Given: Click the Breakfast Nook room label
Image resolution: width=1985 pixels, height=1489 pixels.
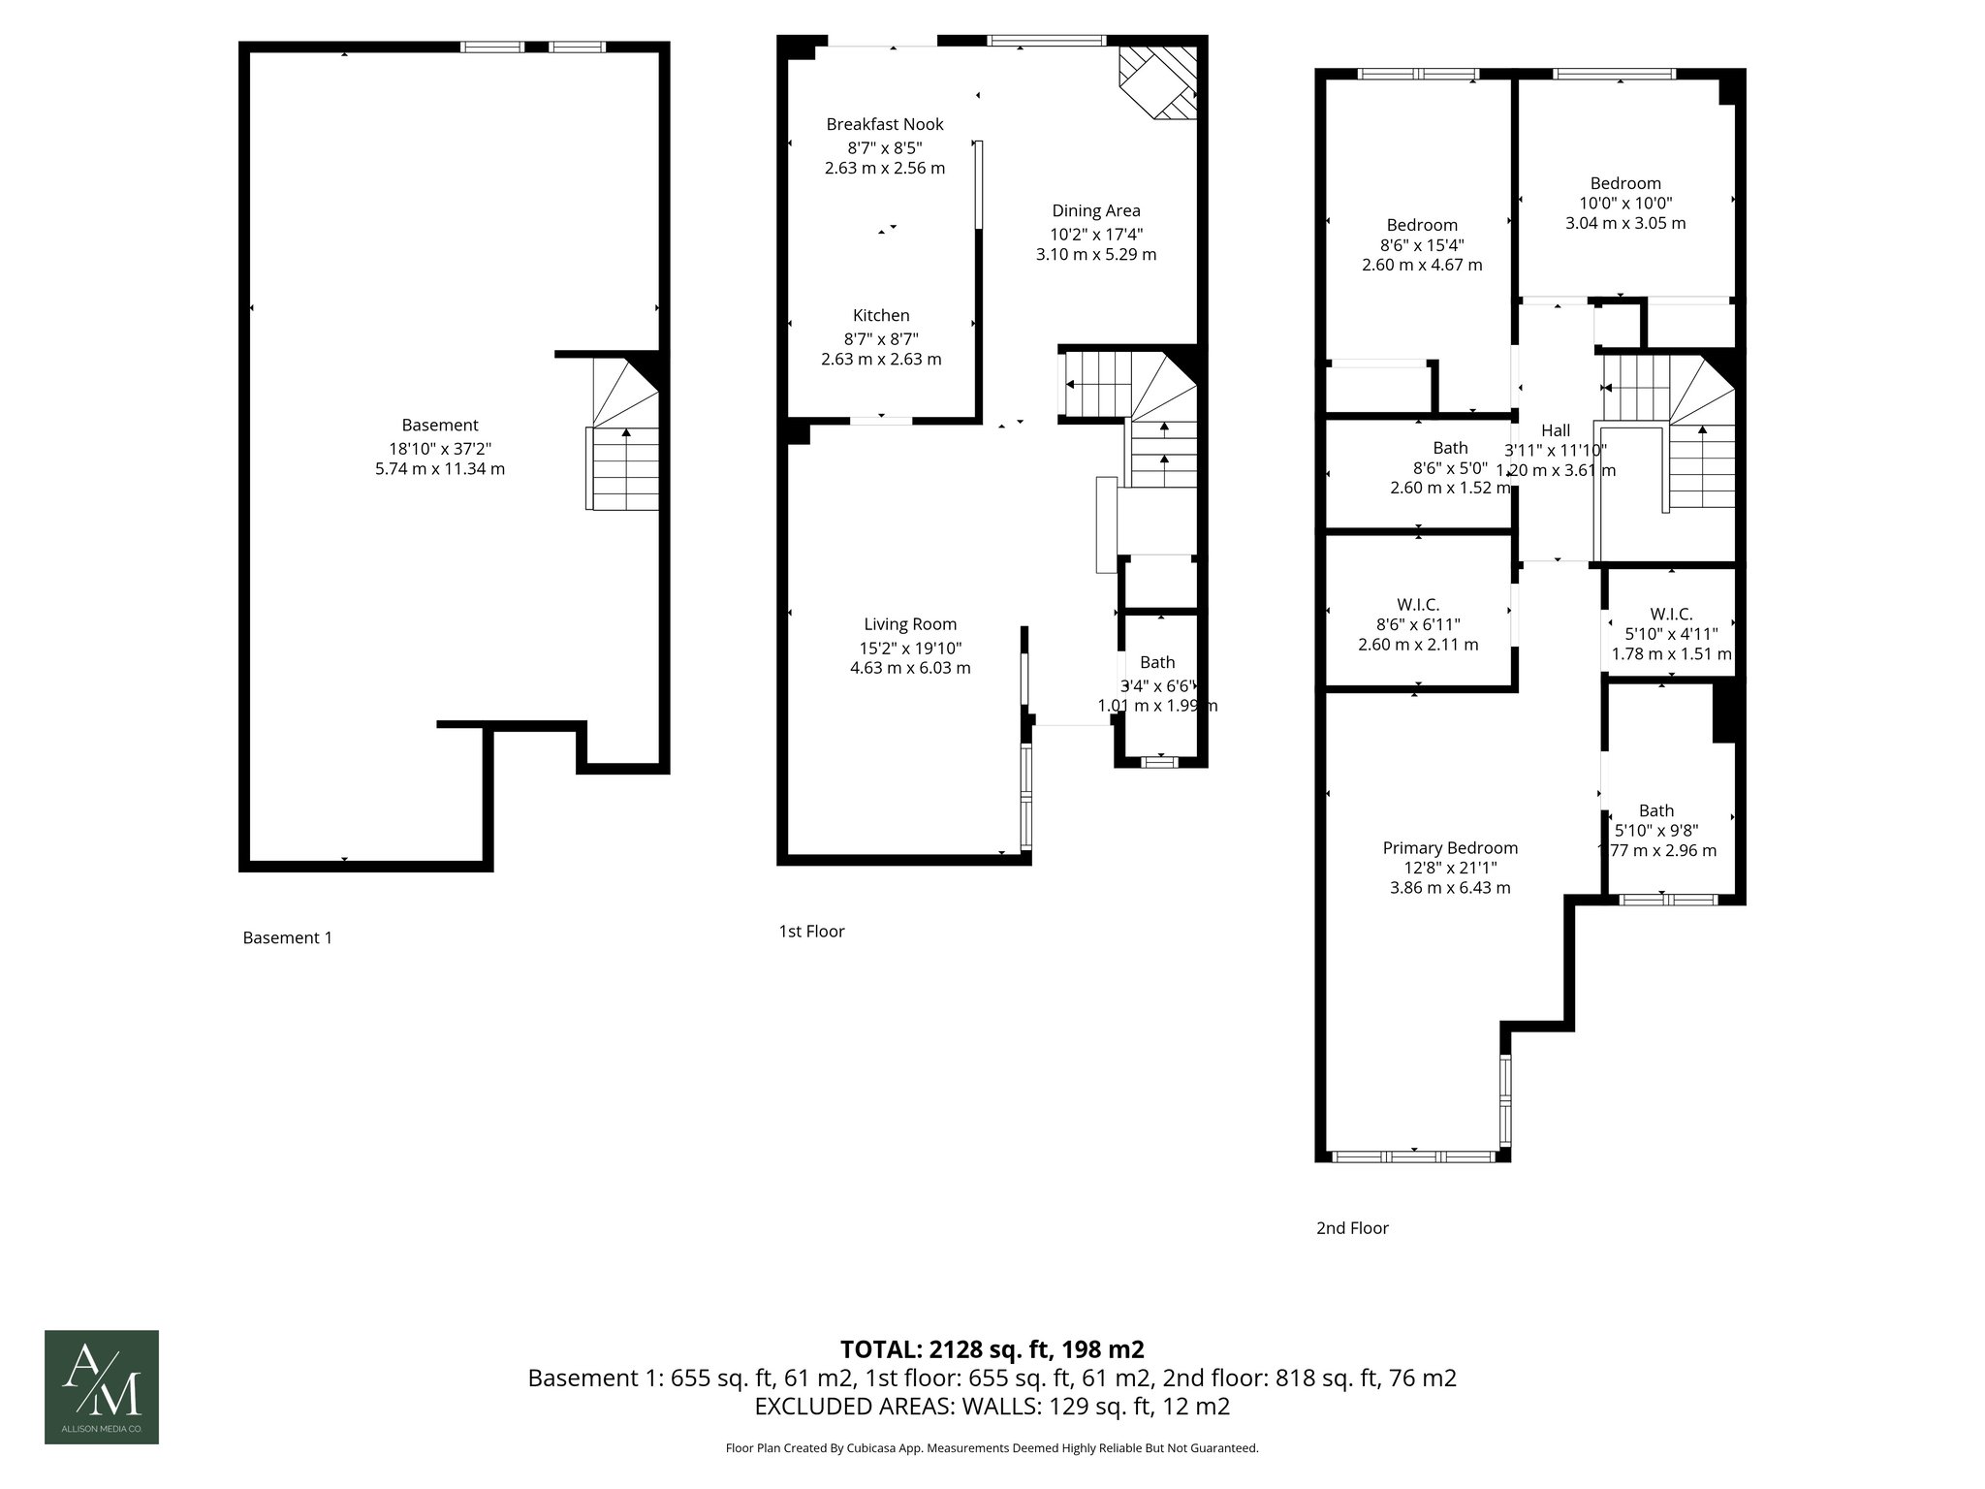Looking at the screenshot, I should tap(884, 124).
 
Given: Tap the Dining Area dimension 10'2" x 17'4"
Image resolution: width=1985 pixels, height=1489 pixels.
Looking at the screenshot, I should tap(1095, 234).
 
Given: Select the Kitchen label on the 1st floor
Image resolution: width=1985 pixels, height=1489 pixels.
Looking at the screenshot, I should tap(881, 315).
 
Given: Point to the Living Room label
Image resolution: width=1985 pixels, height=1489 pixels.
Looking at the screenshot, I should tap(910, 624).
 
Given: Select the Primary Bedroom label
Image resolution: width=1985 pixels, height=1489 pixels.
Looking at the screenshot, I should tap(1450, 847).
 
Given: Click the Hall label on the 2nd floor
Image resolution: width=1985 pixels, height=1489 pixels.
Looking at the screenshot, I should tap(1556, 430).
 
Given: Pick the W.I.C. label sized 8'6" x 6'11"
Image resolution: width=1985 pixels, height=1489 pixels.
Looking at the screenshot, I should tap(1418, 604).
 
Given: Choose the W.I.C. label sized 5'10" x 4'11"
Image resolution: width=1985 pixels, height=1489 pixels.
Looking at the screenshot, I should tap(1671, 614).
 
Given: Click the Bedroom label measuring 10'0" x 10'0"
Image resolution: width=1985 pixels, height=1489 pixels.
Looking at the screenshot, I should tap(1625, 183).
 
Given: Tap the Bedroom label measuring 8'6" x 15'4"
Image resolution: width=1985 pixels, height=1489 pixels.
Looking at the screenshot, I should tap(1422, 225).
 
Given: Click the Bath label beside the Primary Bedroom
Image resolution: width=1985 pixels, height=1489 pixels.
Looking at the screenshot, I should tap(1656, 810).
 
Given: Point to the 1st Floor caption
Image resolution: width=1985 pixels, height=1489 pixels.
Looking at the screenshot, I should tap(811, 932).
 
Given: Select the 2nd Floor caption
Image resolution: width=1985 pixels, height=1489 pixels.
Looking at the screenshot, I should tap(1352, 1228).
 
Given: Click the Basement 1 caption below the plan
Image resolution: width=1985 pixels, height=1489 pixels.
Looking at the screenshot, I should tap(287, 937).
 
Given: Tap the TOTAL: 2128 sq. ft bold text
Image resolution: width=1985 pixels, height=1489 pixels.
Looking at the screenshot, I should tap(992, 1348).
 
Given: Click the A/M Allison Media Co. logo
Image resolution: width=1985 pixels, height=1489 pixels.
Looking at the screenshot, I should tap(101, 1386).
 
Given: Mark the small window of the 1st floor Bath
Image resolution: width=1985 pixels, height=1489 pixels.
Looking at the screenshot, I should tap(1158, 762).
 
